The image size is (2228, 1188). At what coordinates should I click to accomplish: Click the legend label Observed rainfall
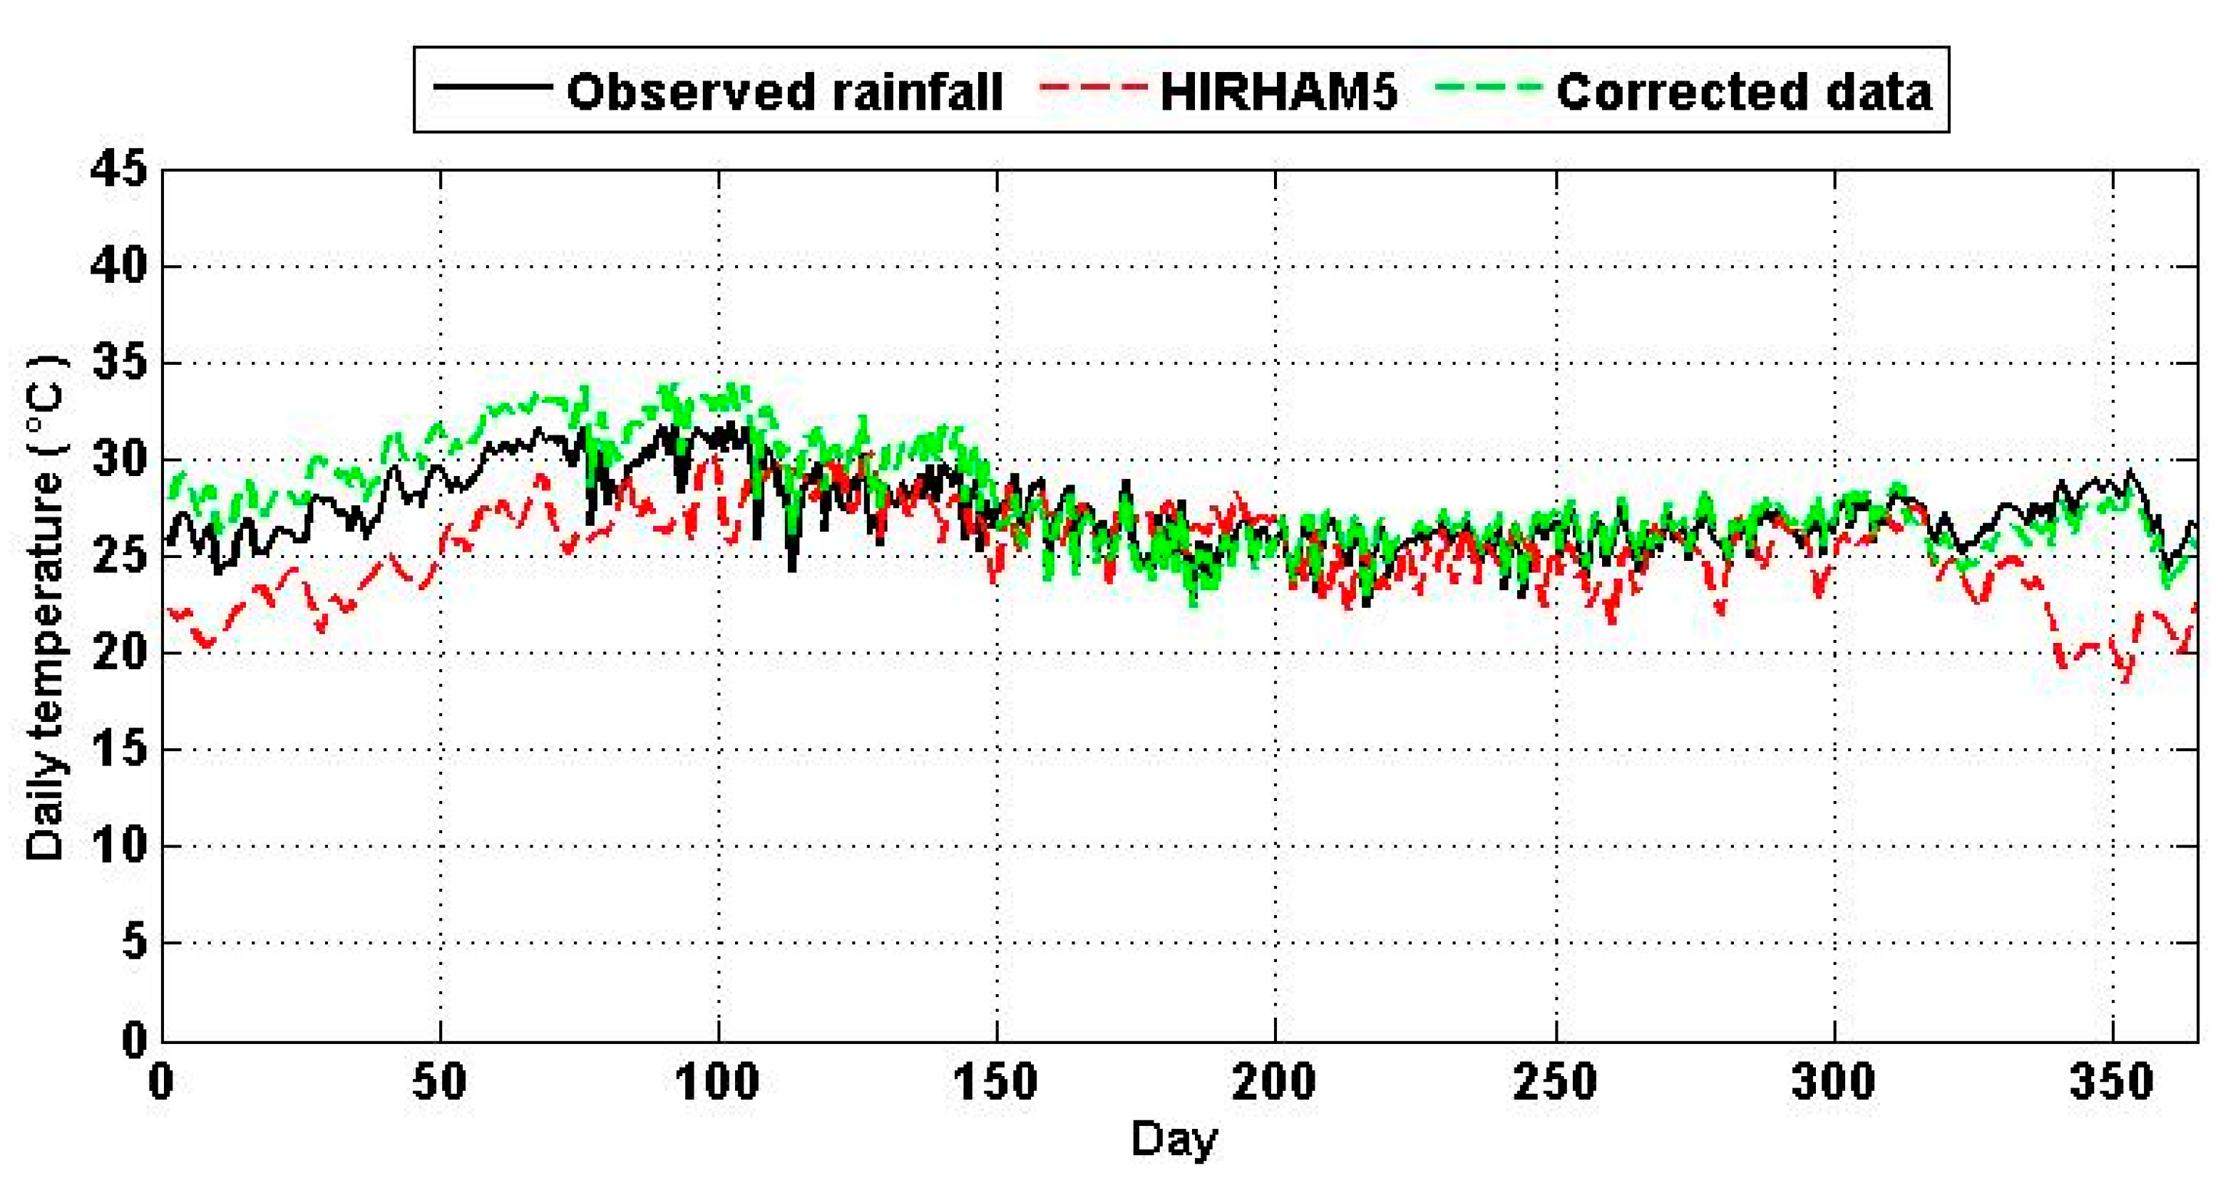click(x=784, y=92)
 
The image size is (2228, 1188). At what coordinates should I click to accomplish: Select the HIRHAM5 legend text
click(x=1278, y=92)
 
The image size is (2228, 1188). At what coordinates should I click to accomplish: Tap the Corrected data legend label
click(x=1744, y=92)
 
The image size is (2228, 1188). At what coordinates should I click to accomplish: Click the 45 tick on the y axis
click(x=118, y=170)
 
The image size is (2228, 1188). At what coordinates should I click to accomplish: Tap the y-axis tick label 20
click(x=118, y=654)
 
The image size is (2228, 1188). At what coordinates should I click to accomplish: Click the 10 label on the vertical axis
click(x=118, y=847)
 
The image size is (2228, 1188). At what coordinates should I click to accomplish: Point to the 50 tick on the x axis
click(x=439, y=1082)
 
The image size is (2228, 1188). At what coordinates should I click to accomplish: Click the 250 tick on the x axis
click(x=1555, y=1082)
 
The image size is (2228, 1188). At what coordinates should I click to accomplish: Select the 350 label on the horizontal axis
click(x=2111, y=1082)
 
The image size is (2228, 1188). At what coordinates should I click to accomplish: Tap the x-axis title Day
click(x=1174, y=1140)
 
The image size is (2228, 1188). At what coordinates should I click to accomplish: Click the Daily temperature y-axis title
click(x=45, y=605)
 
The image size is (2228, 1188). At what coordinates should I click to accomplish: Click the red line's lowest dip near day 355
click(x=2127, y=678)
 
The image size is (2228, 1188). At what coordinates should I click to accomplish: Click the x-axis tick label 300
click(x=1834, y=1082)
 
